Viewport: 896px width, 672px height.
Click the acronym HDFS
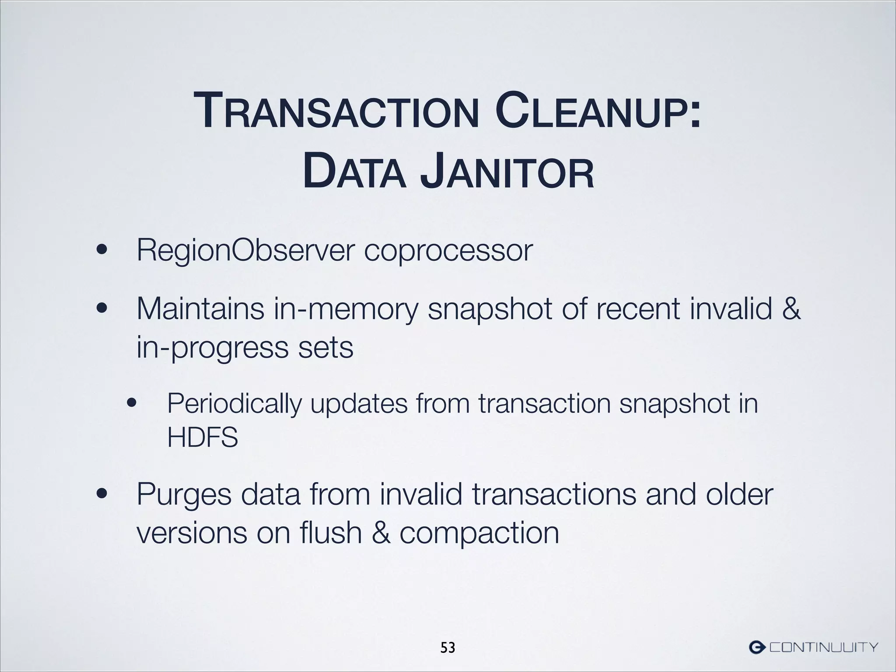(203, 437)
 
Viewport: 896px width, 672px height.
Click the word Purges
(184, 495)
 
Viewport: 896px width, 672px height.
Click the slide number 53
(448, 647)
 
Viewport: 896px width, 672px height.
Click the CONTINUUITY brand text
(824, 647)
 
